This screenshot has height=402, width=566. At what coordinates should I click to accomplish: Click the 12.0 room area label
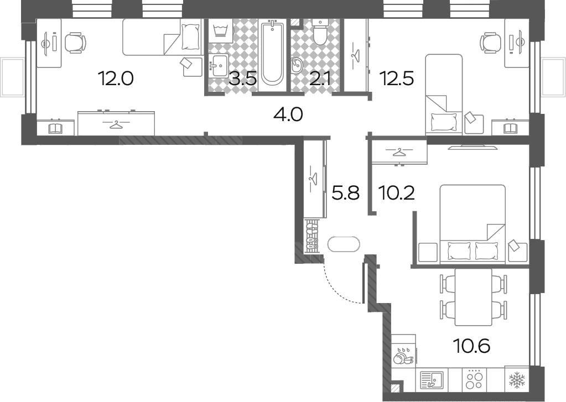pyautogui.click(x=116, y=79)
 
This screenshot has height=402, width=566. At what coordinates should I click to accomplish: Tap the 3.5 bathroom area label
pyautogui.click(x=243, y=79)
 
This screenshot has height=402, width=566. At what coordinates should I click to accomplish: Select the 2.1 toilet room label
pyautogui.click(x=320, y=79)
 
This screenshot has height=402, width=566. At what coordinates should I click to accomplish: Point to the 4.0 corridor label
pyautogui.click(x=288, y=115)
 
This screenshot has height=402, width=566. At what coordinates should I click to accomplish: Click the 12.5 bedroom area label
pyautogui.click(x=396, y=79)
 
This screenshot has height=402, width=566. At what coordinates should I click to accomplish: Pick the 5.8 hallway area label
pyautogui.click(x=345, y=193)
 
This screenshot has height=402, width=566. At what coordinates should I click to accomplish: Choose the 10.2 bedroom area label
pyautogui.click(x=396, y=193)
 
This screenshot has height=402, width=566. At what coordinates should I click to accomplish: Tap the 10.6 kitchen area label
pyautogui.click(x=472, y=346)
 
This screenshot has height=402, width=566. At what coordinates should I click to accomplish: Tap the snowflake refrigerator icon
pyautogui.click(x=517, y=380)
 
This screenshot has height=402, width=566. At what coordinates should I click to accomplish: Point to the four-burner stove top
pyautogui.click(x=474, y=379)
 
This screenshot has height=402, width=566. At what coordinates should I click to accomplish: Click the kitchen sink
pyautogui.click(x=432, y=380)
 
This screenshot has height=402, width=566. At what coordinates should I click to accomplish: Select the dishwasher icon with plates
pyautogui.click(x=403, y=355)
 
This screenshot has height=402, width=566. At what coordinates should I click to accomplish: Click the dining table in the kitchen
pyautogui.click(x=473, y=297)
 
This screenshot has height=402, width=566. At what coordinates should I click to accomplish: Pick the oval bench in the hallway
pyautogui.click(x=344, y=244)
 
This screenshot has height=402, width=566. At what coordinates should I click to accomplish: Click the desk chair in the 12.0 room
pyautogui.click(x=75, y=43)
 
